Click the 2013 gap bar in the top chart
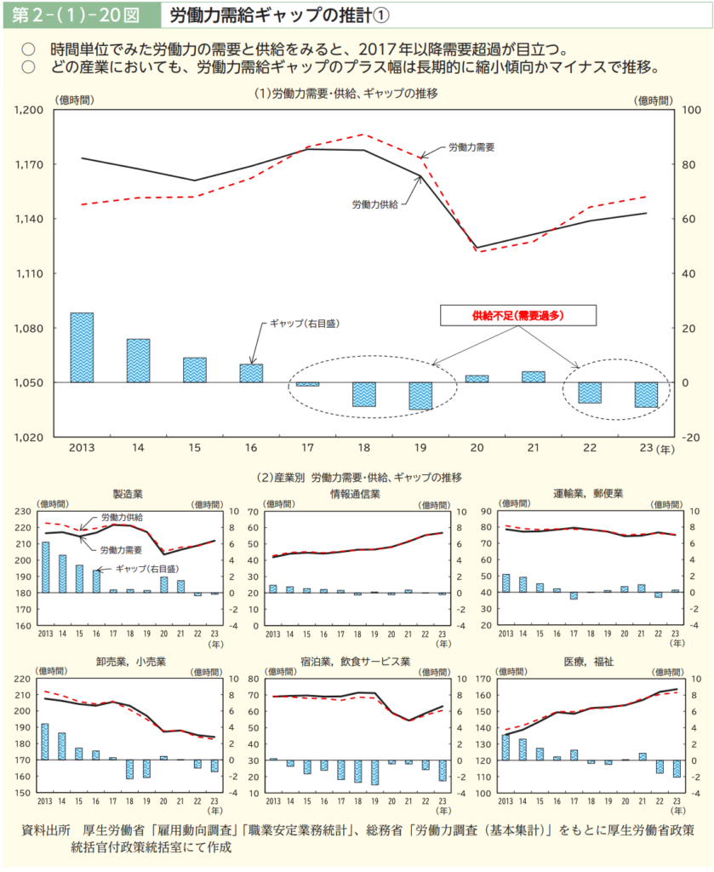coord(82,347)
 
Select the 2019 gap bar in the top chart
coord(420,396)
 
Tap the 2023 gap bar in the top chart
coord(646,394)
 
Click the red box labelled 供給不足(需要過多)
coord(517,314)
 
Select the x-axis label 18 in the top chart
coord(364,448)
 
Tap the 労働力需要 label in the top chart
coord(471,147)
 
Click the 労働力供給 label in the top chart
coord(374,204)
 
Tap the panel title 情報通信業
coord(355,493)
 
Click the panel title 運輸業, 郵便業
coord(588,493)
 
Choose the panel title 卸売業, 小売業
coord(130,661)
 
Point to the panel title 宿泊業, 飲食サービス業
coord(355,661)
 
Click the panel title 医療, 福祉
coord(588,661)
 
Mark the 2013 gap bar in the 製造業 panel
coord(46,567)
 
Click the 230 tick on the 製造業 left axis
coord(23,512)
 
